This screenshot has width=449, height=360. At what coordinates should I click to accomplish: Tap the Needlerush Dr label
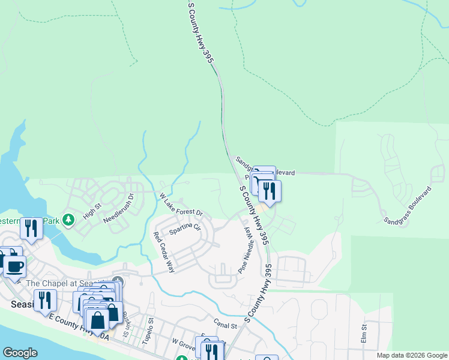click(x=118, y=207)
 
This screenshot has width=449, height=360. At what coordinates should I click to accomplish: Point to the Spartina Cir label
click(x=184, y=229)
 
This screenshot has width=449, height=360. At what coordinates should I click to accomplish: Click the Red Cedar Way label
click(x=163, y=252)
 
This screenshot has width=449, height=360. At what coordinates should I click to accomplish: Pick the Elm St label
click(x=364, y=334)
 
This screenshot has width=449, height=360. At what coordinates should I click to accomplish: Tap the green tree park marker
click(x=69, y=220)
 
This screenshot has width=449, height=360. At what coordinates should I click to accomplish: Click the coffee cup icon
click(x=14, y=265)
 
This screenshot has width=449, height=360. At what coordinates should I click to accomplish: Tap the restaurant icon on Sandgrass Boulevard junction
click(x=270, y=191)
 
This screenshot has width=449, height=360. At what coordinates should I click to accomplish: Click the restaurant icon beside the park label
click(x=31, y=227)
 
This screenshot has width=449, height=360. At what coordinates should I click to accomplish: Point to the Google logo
click(x=20, y=353)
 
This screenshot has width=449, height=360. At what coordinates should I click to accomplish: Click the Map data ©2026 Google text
click(x=412, y=355)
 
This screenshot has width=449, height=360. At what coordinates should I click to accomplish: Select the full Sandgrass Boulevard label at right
click(x=408, y=205)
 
